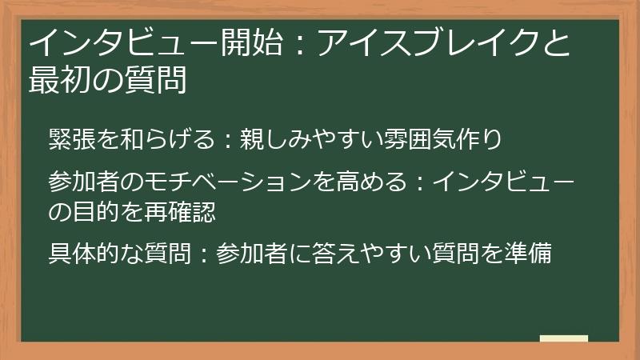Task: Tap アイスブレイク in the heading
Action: pyautogui.click(x=429, y=42)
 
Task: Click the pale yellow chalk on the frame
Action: pyautogui.click(x=564, y=339)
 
